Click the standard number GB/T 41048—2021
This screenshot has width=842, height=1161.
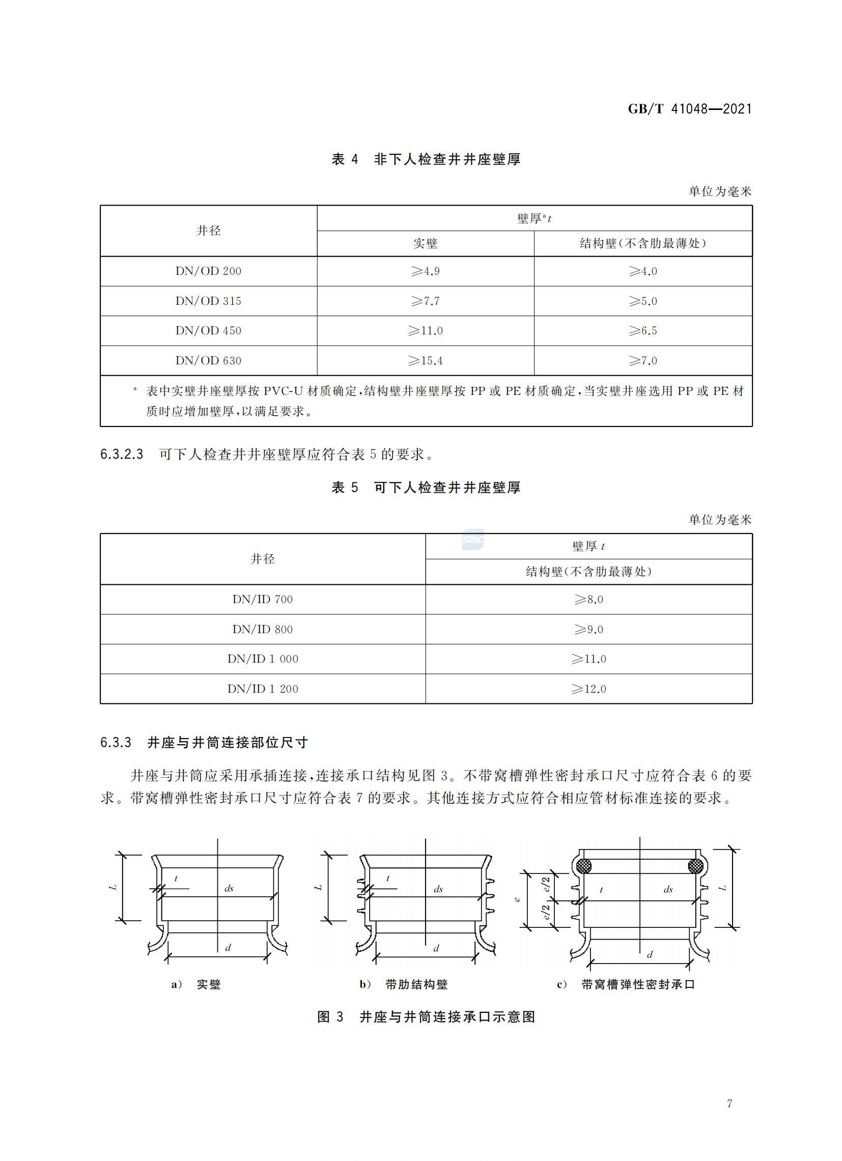[x=689, y=109]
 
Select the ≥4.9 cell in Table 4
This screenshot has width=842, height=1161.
[x=426, y=271]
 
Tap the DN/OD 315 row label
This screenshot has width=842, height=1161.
[x=208, y=301]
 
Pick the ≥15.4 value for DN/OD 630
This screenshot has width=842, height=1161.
[x=426, y=361]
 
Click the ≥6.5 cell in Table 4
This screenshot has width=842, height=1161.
[x=643, y=331]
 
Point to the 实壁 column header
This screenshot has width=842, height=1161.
[x=426, y=244]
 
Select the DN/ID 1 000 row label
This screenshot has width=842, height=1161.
[x=263, y=659]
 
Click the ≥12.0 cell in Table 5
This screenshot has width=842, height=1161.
[x=588, y=689]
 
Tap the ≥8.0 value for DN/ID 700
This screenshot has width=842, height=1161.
[x=588, y=600]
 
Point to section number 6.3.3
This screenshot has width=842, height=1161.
[x=116, y=743]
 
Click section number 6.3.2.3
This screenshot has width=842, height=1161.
[x=122, y=455]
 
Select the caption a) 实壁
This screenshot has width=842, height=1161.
[x=196, y=984]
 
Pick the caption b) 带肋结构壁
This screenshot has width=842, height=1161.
[x=403, y=984]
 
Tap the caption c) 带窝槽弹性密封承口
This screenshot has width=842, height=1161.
[x=626, y=984]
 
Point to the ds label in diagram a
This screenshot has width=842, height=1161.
[x=229, y=888]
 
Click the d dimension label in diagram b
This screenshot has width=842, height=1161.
[x=436, y=948]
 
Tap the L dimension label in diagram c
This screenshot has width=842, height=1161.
[x=723, y=888]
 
